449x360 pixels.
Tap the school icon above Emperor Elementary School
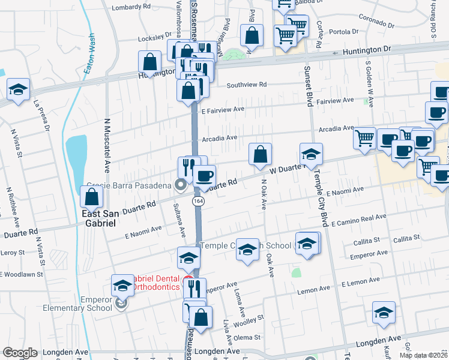coord(122,286)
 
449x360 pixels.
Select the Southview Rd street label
coord(246,85)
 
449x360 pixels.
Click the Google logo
coord(20,353)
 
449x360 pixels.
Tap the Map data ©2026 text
coord(423,355)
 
